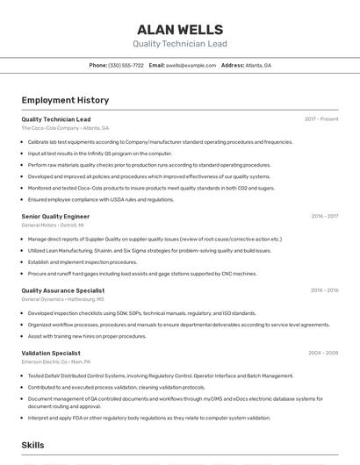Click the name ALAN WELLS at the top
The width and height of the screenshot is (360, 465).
(x=180, y=30)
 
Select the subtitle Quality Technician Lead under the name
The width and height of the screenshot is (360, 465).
(x=180, y=44)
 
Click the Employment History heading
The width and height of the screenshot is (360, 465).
(x=66, y=101)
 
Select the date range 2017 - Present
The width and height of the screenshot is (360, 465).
(x=321, y=119)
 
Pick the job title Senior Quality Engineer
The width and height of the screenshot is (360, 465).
(x=55, y=216)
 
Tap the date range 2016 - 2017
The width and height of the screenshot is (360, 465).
(x=325, y=216)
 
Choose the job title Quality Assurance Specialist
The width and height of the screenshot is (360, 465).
(x=62, y=290)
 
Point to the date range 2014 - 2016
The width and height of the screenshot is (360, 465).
(x=324, y=290)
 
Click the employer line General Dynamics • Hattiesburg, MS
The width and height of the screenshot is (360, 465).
(x=62, y=299)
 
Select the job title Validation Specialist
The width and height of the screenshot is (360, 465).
(x=51, y=353)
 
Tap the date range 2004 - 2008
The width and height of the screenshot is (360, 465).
(x=323, y=353)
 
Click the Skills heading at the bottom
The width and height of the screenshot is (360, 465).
(x=32, y=446)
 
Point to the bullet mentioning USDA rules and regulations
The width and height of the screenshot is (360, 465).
(x=101, y=199)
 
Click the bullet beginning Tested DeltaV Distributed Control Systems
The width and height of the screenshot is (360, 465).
(x=161, y=376)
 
